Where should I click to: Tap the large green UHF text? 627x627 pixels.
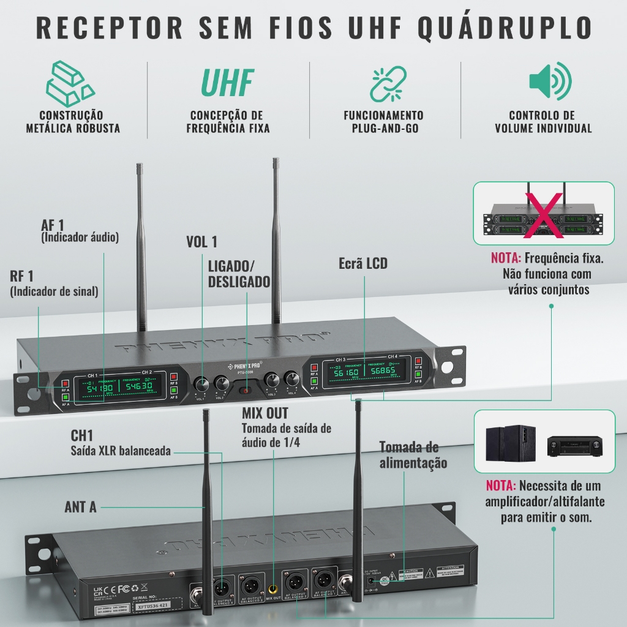pos(228,83)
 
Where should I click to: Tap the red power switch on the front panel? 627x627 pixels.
pos(245,390)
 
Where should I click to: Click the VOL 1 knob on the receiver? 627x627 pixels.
pos(201,385)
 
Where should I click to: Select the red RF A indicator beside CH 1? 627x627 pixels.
pos(65,383)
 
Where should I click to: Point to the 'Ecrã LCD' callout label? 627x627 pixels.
pos(363,264)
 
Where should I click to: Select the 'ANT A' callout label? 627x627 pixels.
pos(80,507)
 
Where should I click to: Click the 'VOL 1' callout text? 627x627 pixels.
pos(201,242)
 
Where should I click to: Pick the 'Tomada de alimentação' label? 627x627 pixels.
pos(413,455)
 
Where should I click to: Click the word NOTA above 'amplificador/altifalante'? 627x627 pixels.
pos(501,486)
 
